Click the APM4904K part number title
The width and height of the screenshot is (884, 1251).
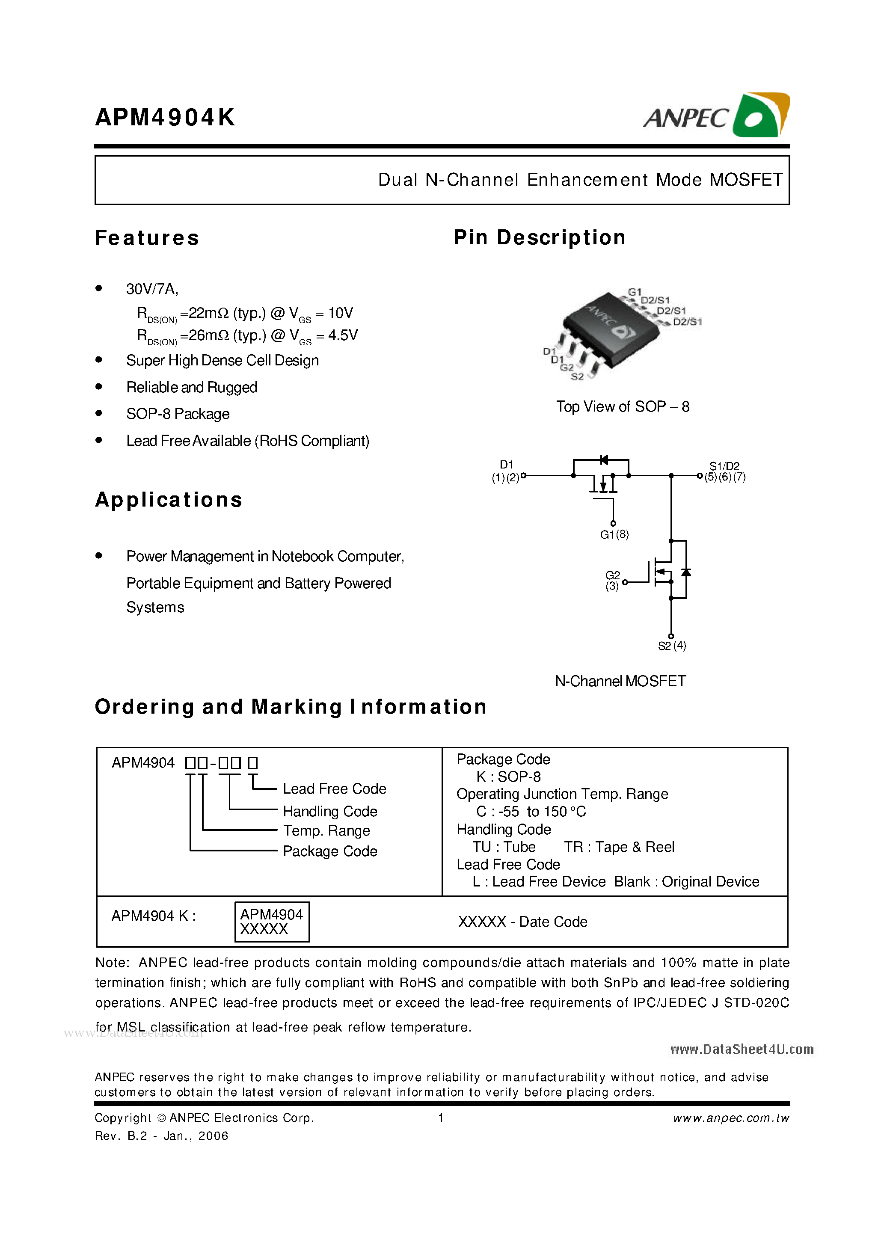pyautogui.click(x=165, y=117)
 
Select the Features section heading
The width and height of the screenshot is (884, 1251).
pyautogui.click(x=147, y=238)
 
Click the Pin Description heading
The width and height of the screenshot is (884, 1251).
pyautogui.click(x=540, y=237)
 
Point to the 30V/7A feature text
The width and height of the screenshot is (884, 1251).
pyautogui.click(x=152, y=289)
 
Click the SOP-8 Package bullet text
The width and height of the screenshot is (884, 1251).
pyautogui.click(x=178, y=414)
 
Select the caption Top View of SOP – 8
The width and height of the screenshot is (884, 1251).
pyautogui.click(x=623, y=406)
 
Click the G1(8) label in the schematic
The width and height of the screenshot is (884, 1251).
pyautogui.click(x=614, y=534)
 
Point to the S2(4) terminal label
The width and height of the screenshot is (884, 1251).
pyautogui.click(x=672, y=646)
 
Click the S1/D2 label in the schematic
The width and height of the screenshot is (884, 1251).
pyautogui.click(x=724, y=466)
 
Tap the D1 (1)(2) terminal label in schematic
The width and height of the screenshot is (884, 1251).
pyautogui.click(x=506, y=471)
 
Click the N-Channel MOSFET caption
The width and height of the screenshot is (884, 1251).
pyautogui.click(x=620, y=681)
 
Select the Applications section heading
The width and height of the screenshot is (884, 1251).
pyautogui.click(x=169, y=500)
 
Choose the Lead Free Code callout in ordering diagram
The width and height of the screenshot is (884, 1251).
pyautogui.click(x=334, y=789)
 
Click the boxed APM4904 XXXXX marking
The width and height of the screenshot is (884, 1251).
pyautogui.click(x=271, y=922)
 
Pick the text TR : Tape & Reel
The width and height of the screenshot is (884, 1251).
pyautogui.click(x=619, y=847)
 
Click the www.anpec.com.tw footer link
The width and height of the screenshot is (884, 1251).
pyautogui.click(x=731, y=1118)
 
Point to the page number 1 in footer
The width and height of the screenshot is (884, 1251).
pyautogui.click(x=441, y=1118)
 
